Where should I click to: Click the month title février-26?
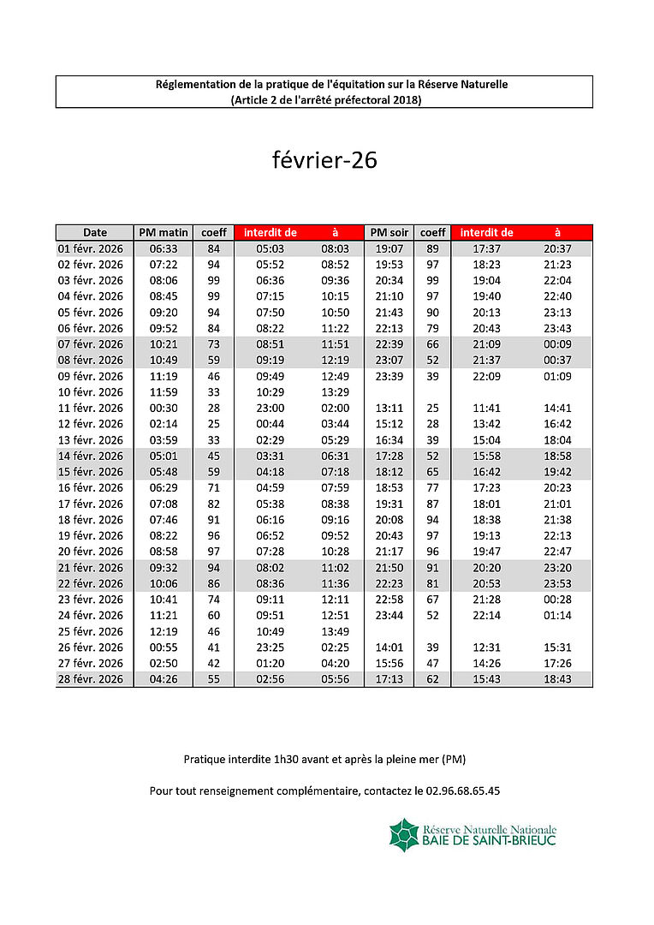[324, 160]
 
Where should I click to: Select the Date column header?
[95, 232]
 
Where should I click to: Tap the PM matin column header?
[163, 232]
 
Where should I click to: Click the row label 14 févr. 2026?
[91, 456]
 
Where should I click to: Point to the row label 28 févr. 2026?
[91, 679]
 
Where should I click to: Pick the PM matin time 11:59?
[163, 392]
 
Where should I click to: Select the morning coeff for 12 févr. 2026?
[213, 424]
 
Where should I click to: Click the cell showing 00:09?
[557, 344]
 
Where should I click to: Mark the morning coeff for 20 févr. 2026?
[213, 552]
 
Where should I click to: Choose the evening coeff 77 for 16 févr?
[432, 488]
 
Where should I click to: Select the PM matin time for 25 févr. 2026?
[163, 631]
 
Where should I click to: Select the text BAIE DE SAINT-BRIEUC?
[490, 841]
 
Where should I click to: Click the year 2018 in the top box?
[406, 99]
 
